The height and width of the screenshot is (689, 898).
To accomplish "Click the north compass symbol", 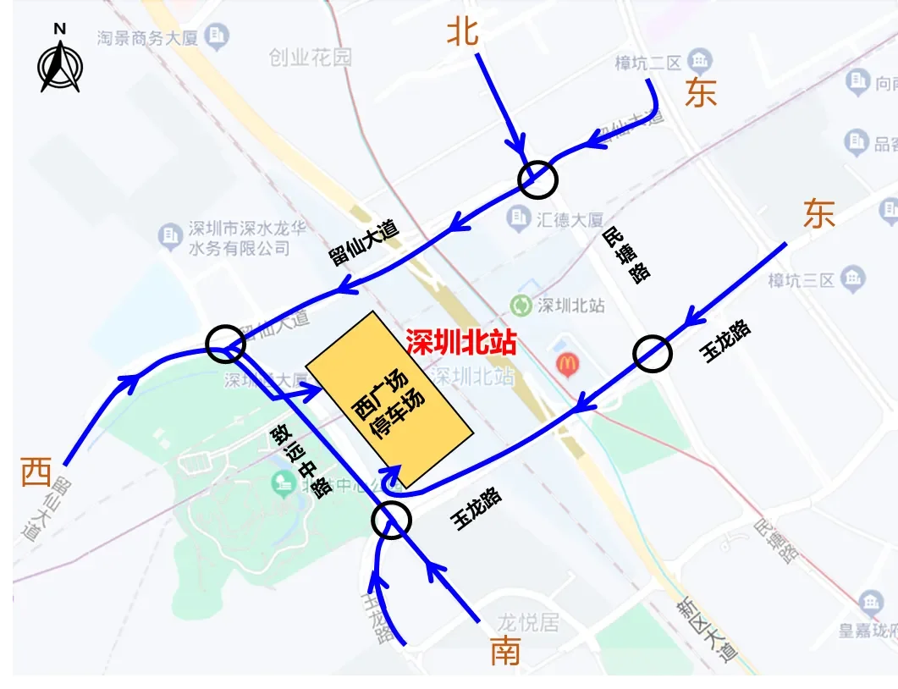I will coord(60,60).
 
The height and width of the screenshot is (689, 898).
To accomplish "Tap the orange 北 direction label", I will coord(463,32).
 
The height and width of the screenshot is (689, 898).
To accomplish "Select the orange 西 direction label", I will coord(36,471).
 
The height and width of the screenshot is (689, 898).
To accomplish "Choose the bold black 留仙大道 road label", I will coord(365,244).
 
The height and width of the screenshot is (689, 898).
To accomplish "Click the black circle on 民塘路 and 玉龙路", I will coord(653,354).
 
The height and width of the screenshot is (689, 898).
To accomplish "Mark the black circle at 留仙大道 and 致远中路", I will coord(226,343).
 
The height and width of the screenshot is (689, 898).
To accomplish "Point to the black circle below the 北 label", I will coord(538,179).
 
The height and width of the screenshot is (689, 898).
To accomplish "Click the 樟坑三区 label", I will coord(801,279).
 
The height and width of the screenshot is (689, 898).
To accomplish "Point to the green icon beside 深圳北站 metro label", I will coord(525,306).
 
